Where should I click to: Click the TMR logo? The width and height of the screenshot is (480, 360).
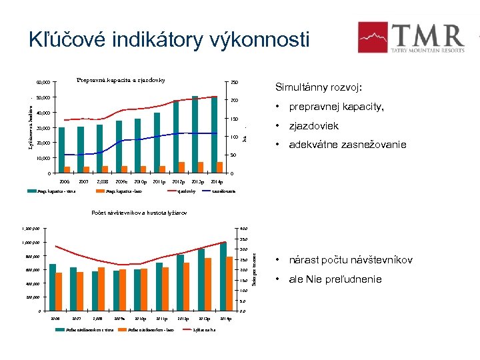coord(411,37)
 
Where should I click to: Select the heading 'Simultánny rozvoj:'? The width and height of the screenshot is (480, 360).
coord(319,87)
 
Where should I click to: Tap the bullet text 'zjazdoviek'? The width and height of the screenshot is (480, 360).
coord(313,126)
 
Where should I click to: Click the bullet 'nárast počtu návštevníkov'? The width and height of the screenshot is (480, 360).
coord(350,259)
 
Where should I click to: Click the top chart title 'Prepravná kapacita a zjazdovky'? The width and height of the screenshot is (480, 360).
coord(120,81)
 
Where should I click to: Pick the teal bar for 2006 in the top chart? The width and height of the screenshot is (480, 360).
coord(62,150)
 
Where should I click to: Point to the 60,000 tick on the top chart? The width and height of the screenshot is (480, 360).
coord(43,83)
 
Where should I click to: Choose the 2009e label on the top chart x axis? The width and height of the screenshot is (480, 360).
coord(121,181)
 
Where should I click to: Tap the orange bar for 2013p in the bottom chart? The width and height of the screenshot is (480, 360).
coord(209,285)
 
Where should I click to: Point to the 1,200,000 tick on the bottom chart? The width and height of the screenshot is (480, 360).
coord(31,229)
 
